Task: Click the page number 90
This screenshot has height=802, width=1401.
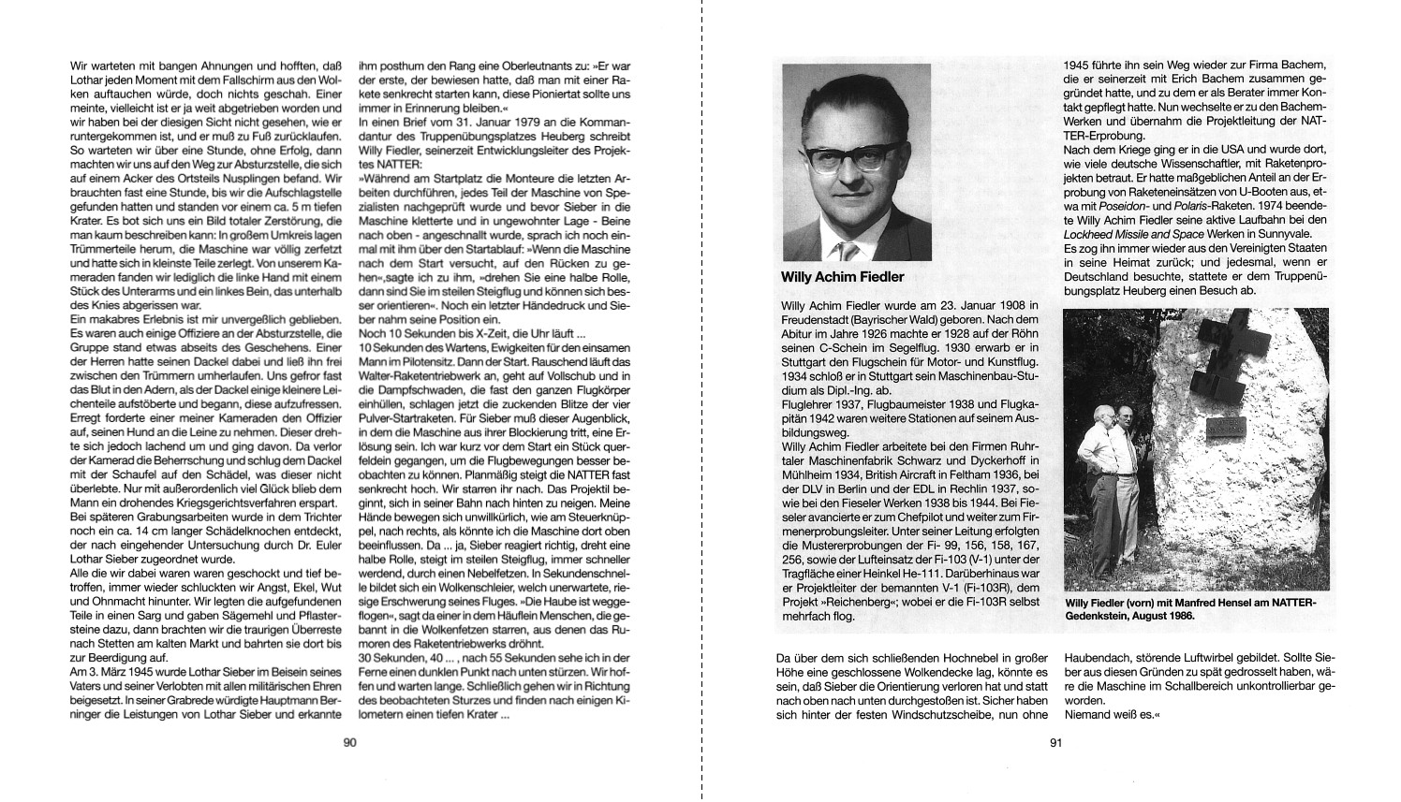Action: (x=348, y=743)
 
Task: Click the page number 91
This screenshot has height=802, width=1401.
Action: (x=1054, y=743)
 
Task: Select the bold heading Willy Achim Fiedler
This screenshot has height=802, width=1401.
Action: (x=842, y=277)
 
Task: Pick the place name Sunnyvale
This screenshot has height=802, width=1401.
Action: (x=1256, y=234)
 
